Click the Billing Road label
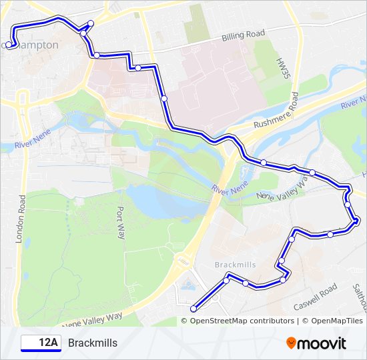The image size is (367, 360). click(244, 34)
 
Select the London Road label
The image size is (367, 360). click(23, 217)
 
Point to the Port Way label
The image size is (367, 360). click(121, 221)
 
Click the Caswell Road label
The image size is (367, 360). click(315, 298)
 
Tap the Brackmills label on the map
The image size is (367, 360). click(235, 265)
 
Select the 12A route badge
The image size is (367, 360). click(40, 343)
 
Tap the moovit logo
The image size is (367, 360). click(316, 343)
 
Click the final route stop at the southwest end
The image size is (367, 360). click(194, 308)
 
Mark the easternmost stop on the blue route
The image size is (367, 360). click(356, 220)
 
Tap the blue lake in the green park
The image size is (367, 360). click(160, 201)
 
